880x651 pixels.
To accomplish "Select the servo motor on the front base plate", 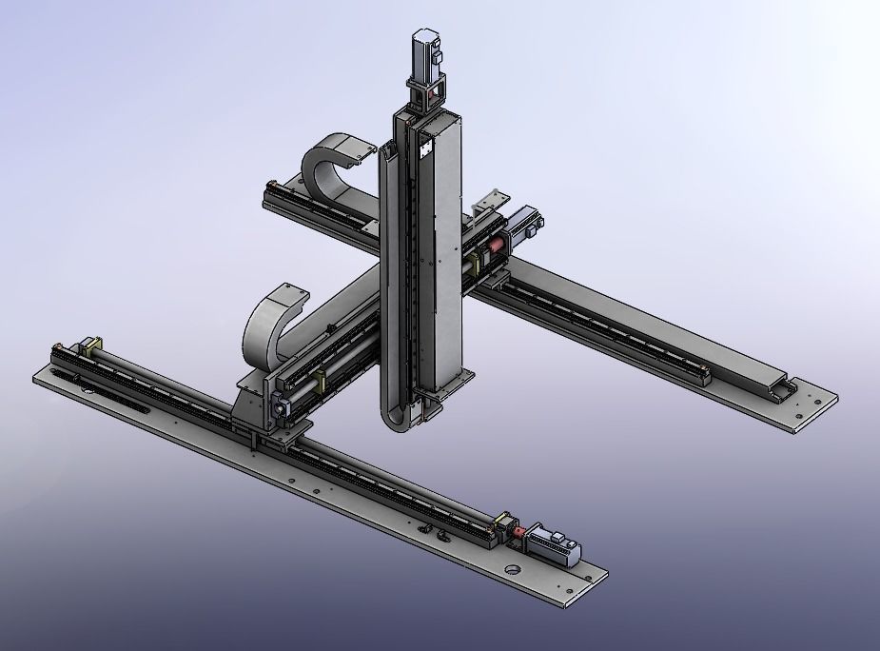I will coord(555,543).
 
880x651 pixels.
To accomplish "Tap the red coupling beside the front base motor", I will coord(519,533).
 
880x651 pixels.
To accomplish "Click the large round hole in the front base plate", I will coord(514,571).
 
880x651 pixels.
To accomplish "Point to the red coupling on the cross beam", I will coord(496,249).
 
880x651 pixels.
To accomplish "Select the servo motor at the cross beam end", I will coord(522,227).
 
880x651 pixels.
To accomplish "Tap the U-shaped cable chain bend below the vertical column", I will coord(400,419).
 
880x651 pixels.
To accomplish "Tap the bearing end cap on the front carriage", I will coord(282,407).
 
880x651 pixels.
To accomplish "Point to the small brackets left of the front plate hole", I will coord(433,530).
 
